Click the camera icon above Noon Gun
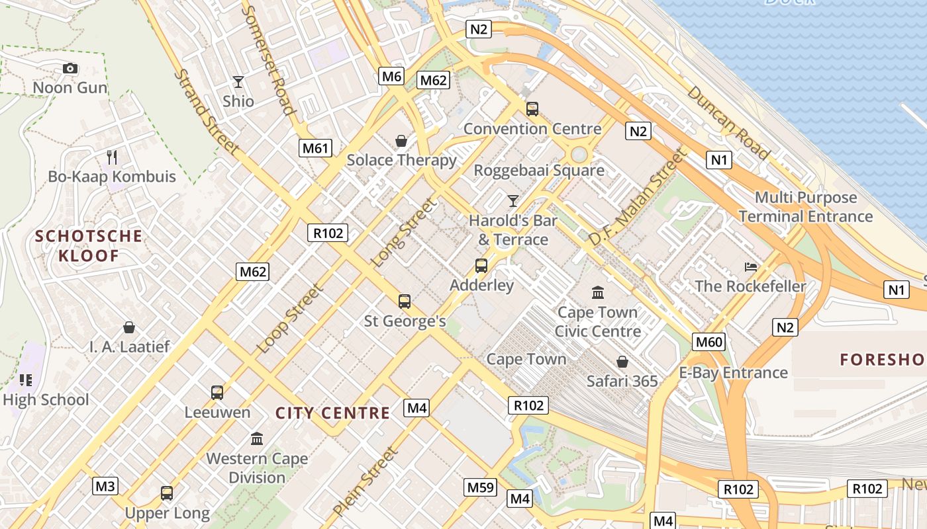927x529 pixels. pyautogui.click(x=70, y=68)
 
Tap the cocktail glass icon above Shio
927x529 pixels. pyautogui.click(x=238, y=82)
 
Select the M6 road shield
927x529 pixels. pyautogui.click(x=391, y=76)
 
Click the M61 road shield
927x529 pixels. pyautogui.click(x=316, y=148)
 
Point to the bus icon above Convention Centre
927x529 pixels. pyautogui.click(x=532, y=109)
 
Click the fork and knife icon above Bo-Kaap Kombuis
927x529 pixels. pyautogui.click(x=112, y=157)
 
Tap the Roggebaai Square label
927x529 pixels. pyautogui.click(x=539, y=171)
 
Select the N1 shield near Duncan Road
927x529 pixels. pyautogui.click(x=719, y=159)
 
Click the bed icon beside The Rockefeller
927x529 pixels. pyautogui.click(x=750, y=267)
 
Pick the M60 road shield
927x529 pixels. pyautogui.click(x=708, y=342)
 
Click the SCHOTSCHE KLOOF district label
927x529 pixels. pyautogui.click(x=89, y=246)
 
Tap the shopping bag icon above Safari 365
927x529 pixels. pyautogui.click(x=622, y=362)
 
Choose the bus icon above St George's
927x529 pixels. pyautogui.click(x=405, y=302)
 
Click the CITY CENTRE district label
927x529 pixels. pyautogui.click(x=332, y=413)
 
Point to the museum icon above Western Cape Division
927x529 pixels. pyautogui.click(x=257, y=438)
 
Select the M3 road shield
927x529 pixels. pyautogui.click(x=105, y=487)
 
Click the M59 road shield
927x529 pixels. pyautogui.click(x=481, y=487)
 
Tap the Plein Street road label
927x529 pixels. pyautogui.click(x=366, y=481)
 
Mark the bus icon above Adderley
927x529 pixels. pyautogui.click(x=481, y=266)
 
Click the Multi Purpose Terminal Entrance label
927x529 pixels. pyautogui.click(x=806, y=207)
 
